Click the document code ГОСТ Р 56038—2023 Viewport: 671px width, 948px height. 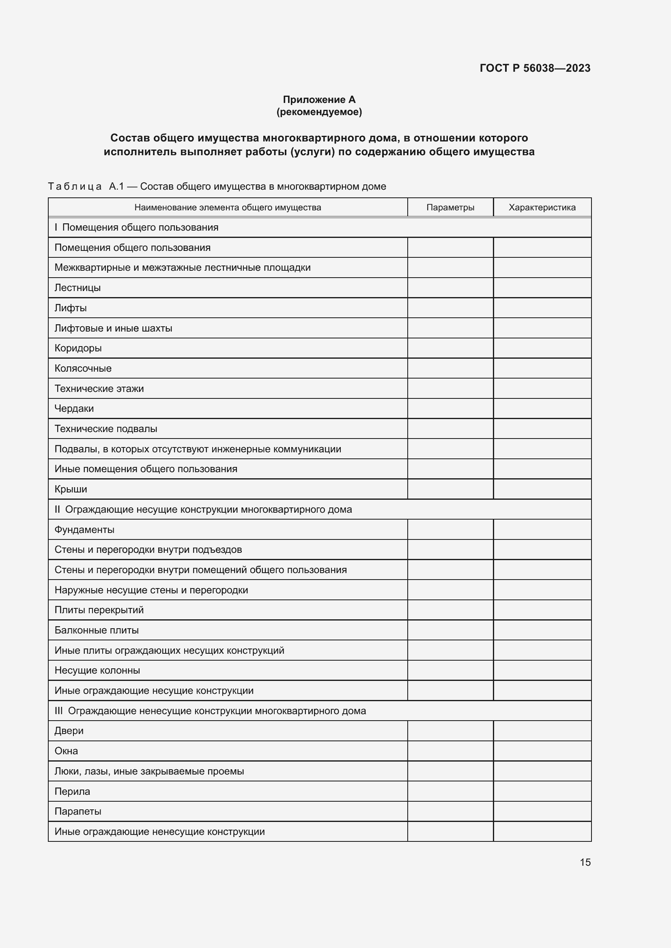535,68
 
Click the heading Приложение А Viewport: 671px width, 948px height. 319,100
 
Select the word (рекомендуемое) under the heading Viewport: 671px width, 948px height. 319,112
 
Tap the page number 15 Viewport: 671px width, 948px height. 585,862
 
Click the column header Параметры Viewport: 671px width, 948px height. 450,207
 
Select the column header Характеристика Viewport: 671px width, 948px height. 542,207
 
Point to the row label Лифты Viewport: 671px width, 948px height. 71,308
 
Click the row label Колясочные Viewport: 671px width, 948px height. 83,368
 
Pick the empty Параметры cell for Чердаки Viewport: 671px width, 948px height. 450,409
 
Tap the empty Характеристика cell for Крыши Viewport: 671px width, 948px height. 542,489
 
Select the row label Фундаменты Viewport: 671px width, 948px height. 84,530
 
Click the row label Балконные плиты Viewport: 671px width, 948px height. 97,630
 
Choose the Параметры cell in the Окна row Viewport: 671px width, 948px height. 450,751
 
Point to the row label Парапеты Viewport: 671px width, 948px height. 77,811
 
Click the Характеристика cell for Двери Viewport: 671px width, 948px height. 542,731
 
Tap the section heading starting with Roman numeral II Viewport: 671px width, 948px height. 203,509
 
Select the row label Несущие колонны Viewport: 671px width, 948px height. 97,670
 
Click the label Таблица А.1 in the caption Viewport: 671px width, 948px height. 86,186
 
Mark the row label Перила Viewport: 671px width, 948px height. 72,792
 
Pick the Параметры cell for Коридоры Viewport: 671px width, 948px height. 450,348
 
